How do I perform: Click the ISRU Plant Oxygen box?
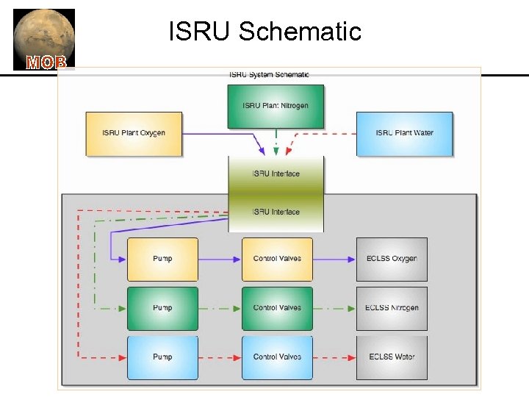click(133, 133)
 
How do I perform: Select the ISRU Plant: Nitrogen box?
click(276, 106)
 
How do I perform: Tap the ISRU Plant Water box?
click(404, 133)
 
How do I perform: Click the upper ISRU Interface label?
click(276, 174)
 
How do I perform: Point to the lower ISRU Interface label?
click(276, 212)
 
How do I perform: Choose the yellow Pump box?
click(162, 259)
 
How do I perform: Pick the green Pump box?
click(162, 308)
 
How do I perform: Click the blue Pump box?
click(162, 357)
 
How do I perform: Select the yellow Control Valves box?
click(277, 259)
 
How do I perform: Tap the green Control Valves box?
click(277, 308)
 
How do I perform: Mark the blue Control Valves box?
click(277, 357)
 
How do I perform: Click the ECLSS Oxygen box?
click(392, 259)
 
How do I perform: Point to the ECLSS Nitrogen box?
click(392, 308)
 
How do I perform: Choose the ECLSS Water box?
click(392, 357)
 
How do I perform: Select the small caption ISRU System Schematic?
click(269, 74)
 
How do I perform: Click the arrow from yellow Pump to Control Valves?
click(220, 259)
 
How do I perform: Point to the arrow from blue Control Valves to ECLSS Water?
click(334, 357)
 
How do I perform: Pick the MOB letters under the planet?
click(46, 62)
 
